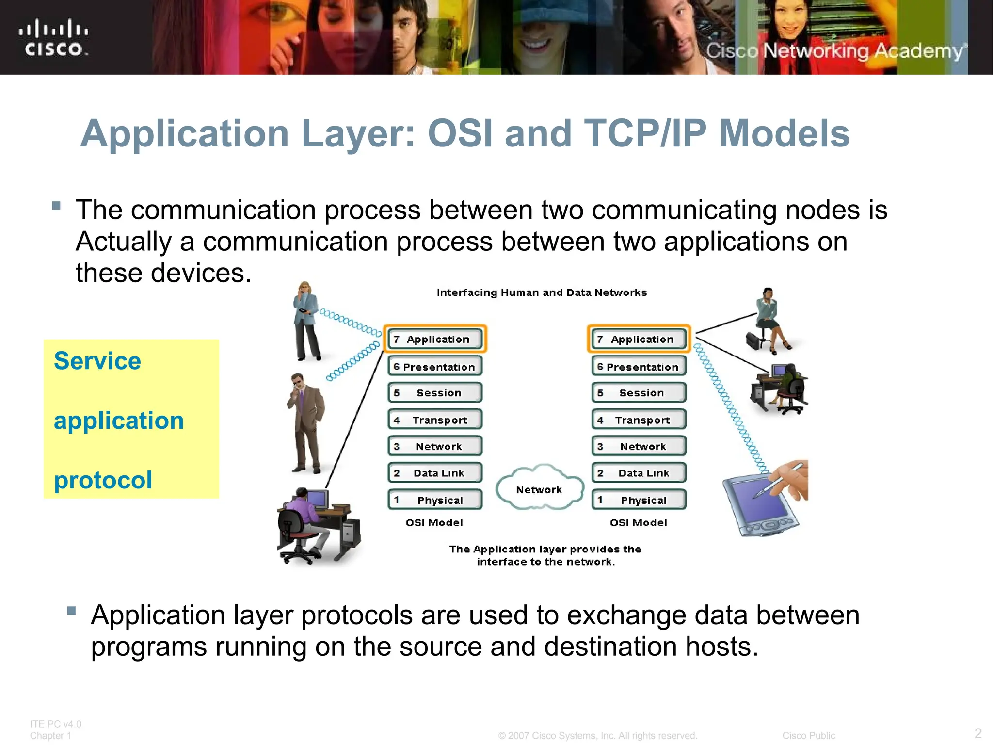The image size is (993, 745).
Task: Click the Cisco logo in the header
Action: tap(53, 38)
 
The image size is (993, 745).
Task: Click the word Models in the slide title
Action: tap(784, 133)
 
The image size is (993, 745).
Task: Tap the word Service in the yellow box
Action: tap(97, 361)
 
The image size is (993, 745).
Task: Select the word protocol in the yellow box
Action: tap(103, 480)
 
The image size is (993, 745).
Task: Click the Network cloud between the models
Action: tap(539, 489)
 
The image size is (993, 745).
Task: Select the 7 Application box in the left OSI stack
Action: tap(435, 339)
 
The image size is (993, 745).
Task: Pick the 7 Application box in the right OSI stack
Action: tap(639, 339)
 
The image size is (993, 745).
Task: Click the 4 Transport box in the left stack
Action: tap(435, 420)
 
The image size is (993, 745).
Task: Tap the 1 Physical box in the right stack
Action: tap(639, 500)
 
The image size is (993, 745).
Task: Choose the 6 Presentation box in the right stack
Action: tap(639, 367)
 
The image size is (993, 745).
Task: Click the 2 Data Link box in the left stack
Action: tap(435, 473)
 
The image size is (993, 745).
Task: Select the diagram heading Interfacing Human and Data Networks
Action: tap(542, 292)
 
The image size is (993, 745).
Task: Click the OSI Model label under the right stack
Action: tap(638, 523)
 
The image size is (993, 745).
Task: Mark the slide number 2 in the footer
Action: tap(978, 733)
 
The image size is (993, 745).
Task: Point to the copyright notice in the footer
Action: tap(597, 736)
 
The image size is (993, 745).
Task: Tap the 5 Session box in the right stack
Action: tap(639, 393)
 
